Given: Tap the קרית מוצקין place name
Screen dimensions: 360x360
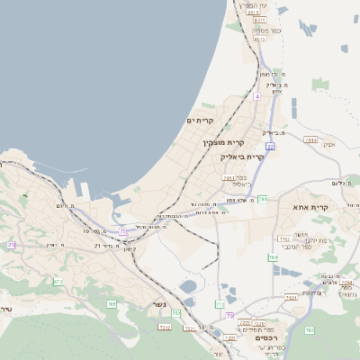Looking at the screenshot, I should coord(223,143).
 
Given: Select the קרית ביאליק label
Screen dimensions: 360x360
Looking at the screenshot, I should coord(242,157).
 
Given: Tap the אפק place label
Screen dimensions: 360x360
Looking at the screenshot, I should coord(328,145).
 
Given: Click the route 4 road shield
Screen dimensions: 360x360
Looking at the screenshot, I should coord(256,96).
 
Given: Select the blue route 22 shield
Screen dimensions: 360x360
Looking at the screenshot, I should coord(270,145).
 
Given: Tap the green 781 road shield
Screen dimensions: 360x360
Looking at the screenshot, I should coord(263,197).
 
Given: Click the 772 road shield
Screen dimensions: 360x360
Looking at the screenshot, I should coord(220,304).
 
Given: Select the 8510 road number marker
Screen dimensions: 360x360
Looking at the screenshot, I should coord(261,40).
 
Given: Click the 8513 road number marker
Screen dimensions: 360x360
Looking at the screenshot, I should coord(254,13).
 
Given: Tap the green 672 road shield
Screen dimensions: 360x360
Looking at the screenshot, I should coord(58,282).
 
